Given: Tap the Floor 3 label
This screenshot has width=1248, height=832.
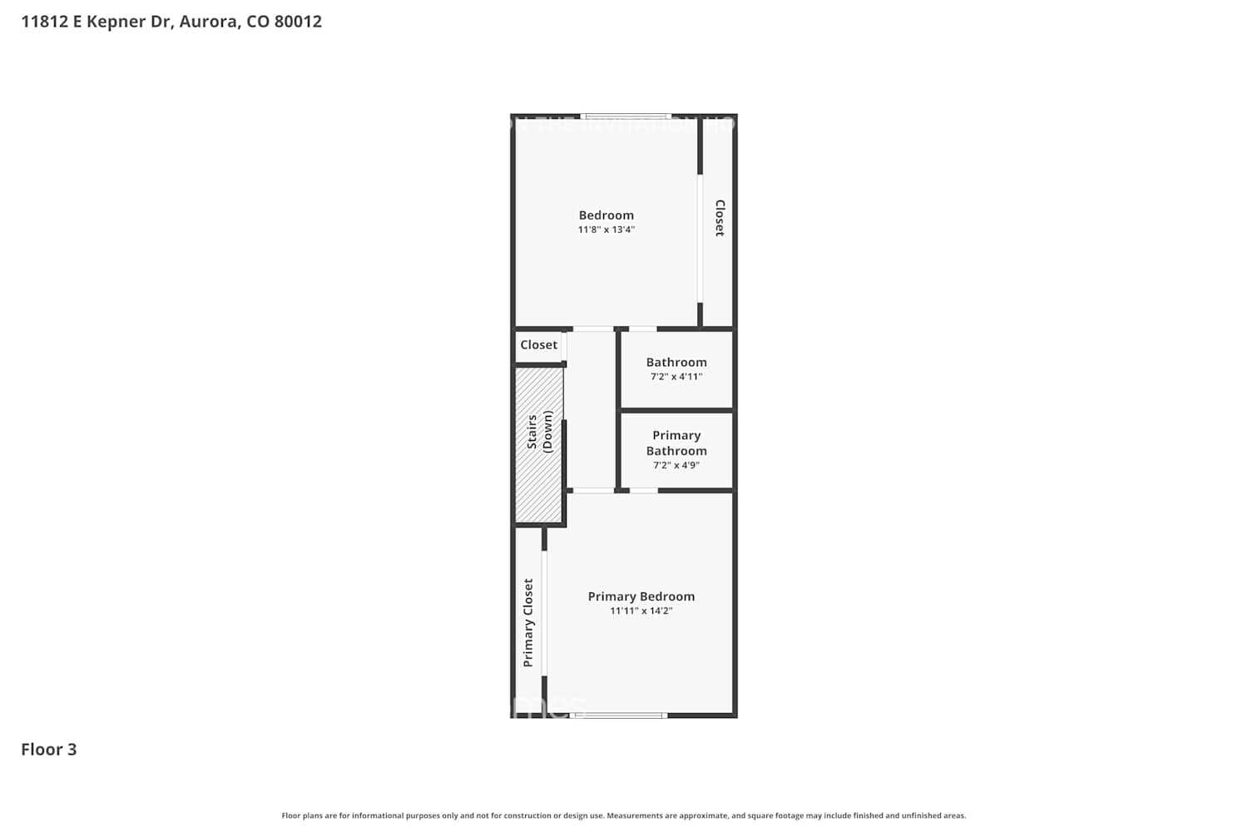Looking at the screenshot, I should tap(49, 750).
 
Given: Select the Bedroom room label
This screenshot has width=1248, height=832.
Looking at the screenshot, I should tap(606, 215).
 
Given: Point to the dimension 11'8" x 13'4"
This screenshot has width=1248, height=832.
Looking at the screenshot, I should tap(606, 230).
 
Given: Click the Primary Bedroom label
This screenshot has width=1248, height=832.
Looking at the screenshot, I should tap(641, 597).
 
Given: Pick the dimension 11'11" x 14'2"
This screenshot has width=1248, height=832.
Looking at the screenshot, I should tap(641, 611).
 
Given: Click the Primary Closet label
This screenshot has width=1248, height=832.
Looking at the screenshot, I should tap(528, 622).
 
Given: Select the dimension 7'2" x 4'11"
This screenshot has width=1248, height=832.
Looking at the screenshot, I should tap(676, 377).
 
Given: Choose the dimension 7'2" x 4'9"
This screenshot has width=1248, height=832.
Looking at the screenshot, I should tap(676, 465).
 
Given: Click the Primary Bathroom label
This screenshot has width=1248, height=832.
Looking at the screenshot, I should tap(676, 443).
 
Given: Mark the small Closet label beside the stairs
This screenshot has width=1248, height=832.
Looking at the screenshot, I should tap(538, 345).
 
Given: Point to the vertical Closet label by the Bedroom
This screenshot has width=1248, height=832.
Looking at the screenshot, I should tap(721, 218).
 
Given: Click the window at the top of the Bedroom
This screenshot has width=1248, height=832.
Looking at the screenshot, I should tap(626, 116).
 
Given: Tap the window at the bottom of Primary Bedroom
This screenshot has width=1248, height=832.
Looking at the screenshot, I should tap(619, 715).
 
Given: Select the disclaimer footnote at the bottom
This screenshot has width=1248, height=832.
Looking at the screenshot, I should tap(624, 816).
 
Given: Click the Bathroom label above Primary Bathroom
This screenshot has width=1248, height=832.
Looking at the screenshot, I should tap(676, 363).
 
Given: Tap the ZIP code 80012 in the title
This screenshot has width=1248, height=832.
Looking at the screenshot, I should tap(298, 22).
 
